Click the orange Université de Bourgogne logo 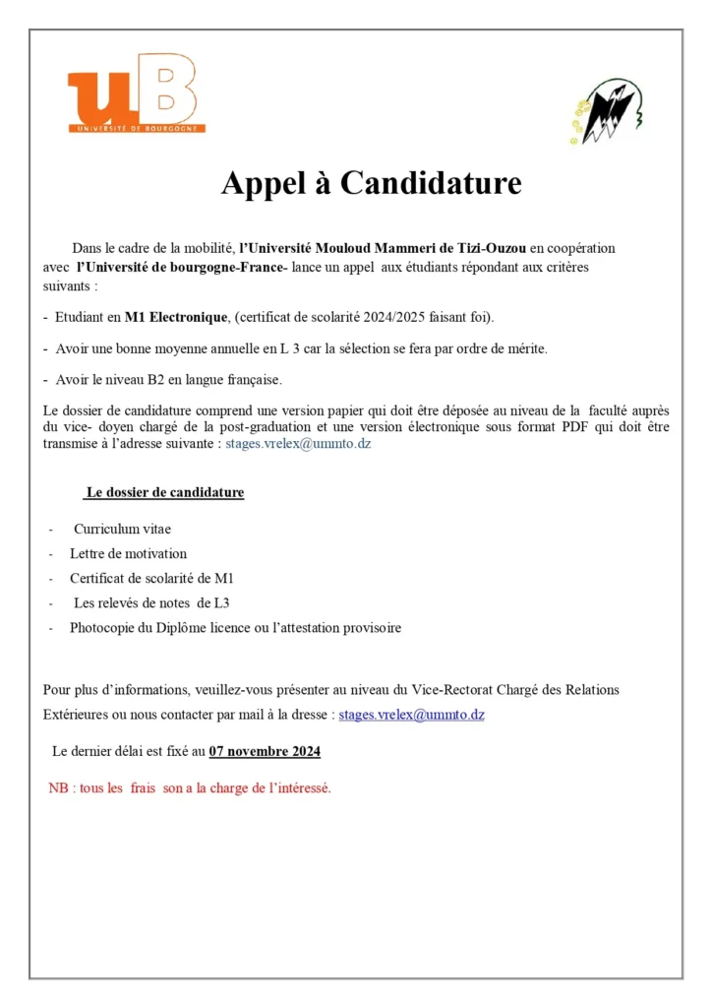136,94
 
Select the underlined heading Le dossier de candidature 164,492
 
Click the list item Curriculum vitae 122,529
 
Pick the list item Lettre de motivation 128,553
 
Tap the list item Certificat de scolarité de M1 151,578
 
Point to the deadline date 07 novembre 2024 265,752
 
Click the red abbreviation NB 58,788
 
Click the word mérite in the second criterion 525,348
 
